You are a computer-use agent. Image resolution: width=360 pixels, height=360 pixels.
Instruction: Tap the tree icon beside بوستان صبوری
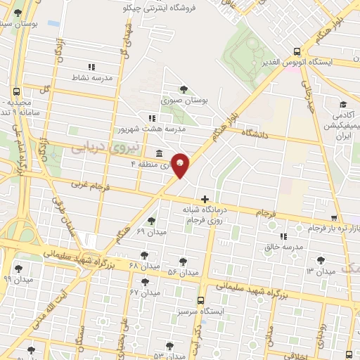point(184,89)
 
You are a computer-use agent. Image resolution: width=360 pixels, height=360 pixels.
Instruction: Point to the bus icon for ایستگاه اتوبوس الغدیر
point(297,51)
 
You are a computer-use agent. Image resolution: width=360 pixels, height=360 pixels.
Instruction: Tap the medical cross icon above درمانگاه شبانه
point(205,199)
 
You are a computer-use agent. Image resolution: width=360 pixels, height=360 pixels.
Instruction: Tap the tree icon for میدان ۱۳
point(321,260)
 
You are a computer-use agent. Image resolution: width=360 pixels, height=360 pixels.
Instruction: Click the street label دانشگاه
point(256,132)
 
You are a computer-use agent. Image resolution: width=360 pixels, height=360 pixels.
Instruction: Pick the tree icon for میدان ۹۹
point(18,268)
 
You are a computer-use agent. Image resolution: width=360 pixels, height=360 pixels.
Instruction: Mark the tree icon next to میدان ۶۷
point(145,281)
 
